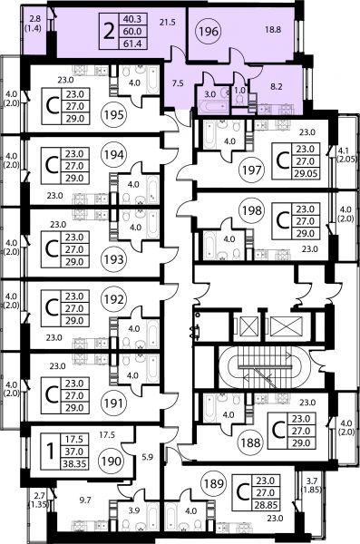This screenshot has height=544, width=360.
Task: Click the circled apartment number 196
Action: tap(209, 32)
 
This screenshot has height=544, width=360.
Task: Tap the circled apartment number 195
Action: tap(114, 114)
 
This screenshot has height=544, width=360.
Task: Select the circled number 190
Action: tap(112, 461)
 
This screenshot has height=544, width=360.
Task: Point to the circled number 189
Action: tap(213, 483)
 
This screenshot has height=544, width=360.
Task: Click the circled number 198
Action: tap(252, 210)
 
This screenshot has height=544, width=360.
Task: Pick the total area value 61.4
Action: tap(132, 44)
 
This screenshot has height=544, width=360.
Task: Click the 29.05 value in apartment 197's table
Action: tap(306, 173)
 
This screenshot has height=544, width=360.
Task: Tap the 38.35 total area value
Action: tap(74, 464)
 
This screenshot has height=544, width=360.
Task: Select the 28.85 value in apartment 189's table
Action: tap(266, 505)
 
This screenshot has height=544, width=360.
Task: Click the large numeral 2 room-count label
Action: tap(109, 32)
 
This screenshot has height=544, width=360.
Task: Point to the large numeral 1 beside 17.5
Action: tap(51, 452)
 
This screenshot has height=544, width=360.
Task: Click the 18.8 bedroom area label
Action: tap(273, 30)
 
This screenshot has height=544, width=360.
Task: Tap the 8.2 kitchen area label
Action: tap(276, 87)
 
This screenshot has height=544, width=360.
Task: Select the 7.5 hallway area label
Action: tap(178, 83)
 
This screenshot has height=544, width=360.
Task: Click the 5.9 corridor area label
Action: tap(147, 457)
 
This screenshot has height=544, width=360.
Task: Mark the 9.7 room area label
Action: tap(85, 500)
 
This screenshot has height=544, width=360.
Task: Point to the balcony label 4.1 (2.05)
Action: tap(346, 155)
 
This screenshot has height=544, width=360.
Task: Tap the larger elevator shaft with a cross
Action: tap(286, 326)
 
